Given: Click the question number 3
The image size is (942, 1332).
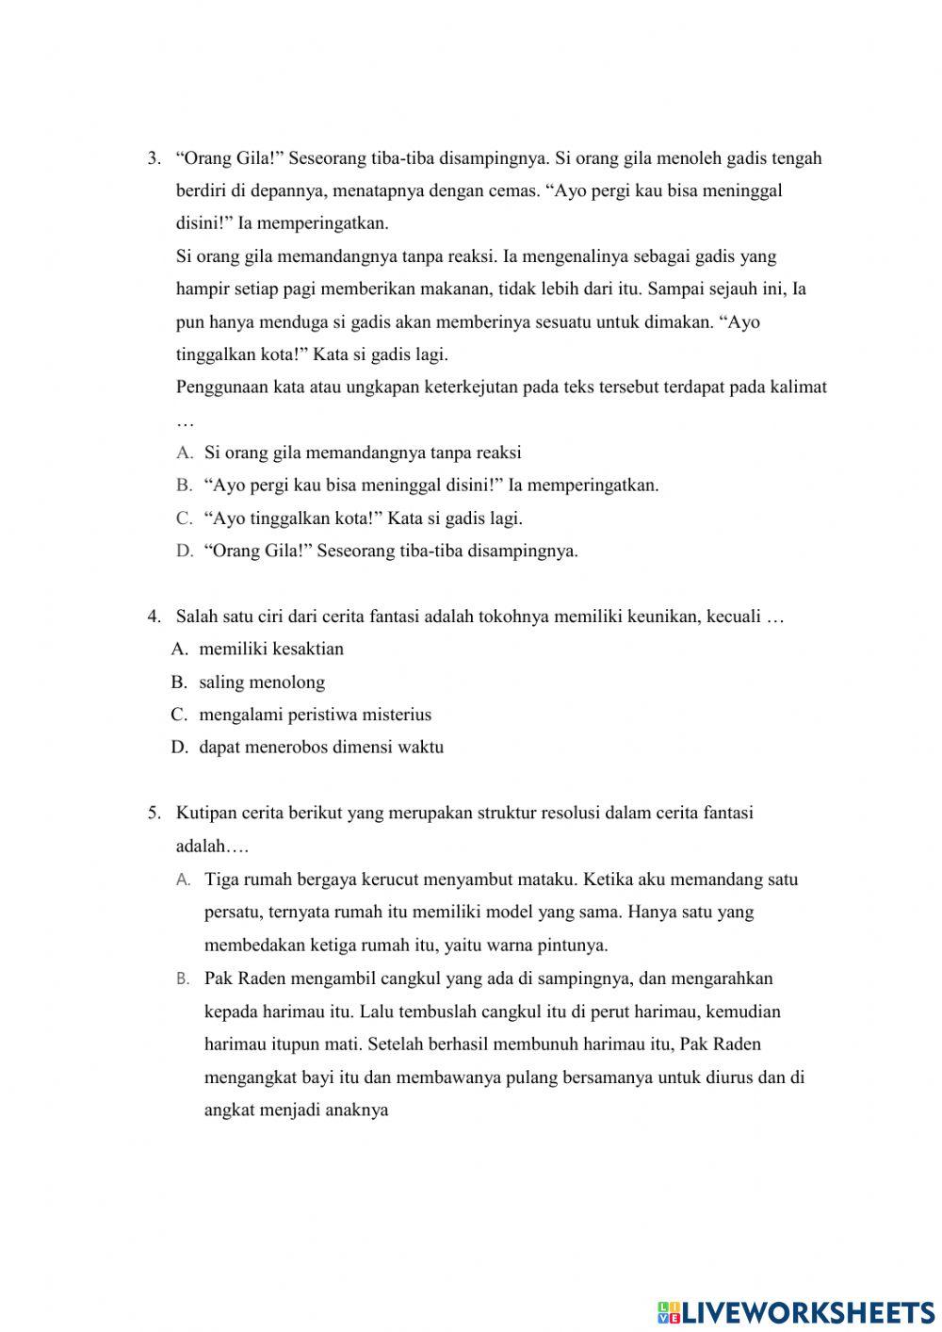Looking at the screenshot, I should tap(154, 158).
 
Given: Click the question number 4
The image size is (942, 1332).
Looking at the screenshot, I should tap(154, 617).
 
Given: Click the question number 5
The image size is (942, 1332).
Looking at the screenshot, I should tap(154, 814).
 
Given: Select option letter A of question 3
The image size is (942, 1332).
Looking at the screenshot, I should tap(184, 453).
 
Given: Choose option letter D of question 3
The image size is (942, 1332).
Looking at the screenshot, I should tap(184, 551).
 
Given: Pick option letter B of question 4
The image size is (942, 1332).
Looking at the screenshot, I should tap(179, 682).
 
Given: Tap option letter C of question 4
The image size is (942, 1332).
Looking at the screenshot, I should tap(179, 715).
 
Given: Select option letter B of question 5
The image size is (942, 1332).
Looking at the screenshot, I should tap(184, 979).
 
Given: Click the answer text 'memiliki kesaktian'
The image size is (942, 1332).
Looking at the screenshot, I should tap(271, 650).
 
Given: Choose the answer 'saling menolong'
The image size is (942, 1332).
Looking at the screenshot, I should tap(262, 682).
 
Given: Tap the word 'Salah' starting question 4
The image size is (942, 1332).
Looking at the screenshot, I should tap(196, 617).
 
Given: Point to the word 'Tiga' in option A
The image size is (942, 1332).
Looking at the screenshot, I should tap(221, 880).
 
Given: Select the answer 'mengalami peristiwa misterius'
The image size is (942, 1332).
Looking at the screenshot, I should tap(316, 715).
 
